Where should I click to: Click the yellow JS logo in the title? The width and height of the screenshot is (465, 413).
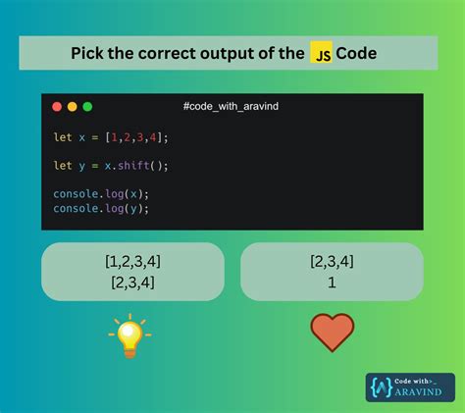[321, 53]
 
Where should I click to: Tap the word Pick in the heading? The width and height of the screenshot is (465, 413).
[88, 53]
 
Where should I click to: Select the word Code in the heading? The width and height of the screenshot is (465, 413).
[357, 53]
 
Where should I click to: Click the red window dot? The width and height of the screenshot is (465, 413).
[56, 106]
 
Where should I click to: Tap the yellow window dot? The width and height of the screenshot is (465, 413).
[72, 106]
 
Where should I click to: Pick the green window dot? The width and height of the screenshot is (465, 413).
[87, 106]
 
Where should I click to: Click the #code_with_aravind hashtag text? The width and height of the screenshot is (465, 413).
[232, 106]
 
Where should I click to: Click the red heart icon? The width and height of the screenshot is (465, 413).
[332, 334]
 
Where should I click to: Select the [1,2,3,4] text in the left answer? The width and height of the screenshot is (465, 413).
[132, 263]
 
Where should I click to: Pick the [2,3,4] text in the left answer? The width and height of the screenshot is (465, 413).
[132, 283]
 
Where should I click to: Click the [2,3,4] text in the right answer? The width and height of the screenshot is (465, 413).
[332, 261]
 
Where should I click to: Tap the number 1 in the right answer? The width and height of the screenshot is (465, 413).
[332, 282]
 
